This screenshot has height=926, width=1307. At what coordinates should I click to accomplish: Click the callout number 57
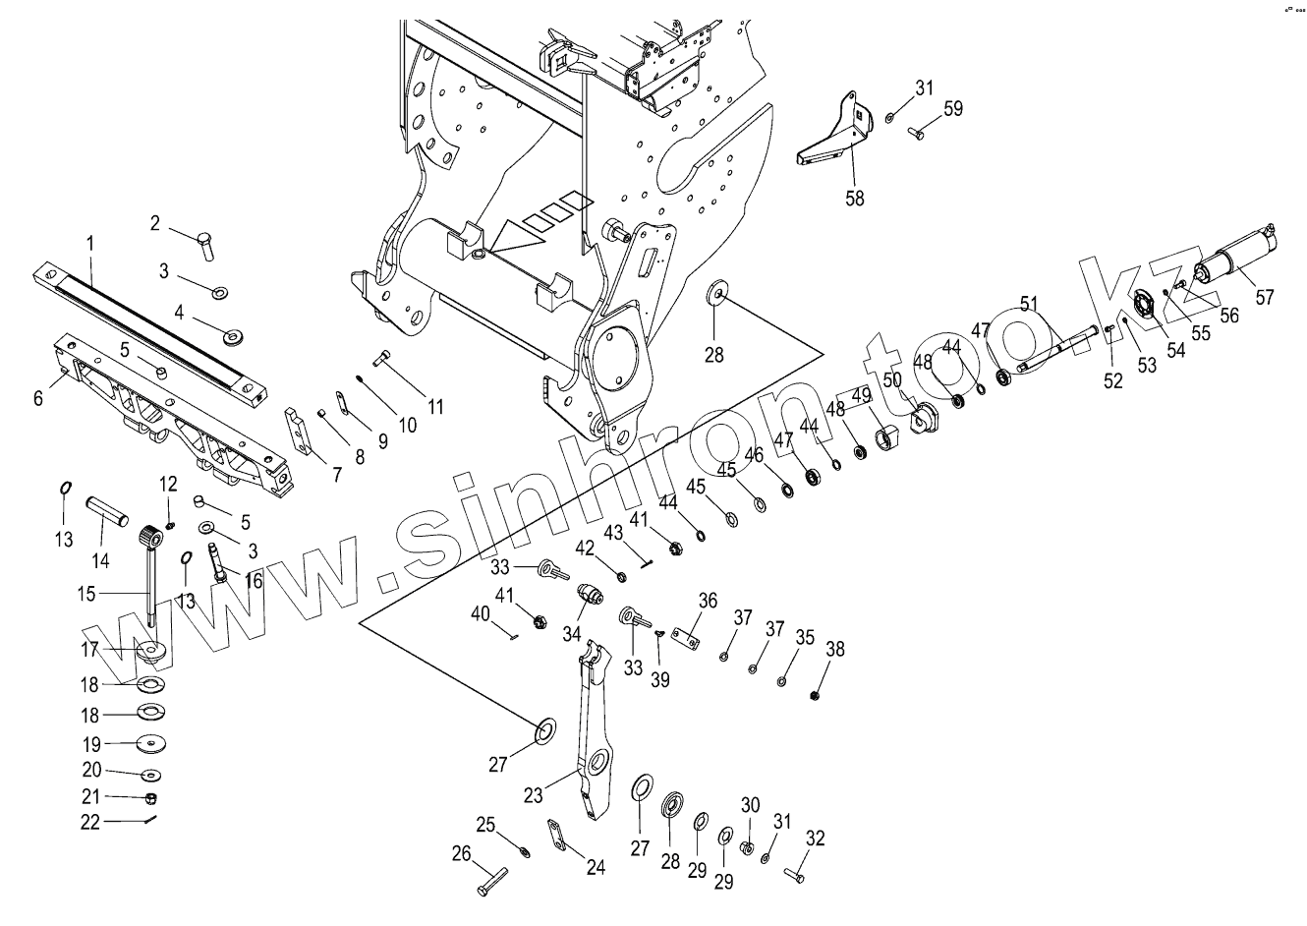tap(1264, 295)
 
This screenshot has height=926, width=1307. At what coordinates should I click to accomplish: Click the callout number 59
tap(952, 109)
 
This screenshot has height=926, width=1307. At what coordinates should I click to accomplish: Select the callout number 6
tap(38, 398)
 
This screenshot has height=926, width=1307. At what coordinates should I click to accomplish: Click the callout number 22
tap(90, 822)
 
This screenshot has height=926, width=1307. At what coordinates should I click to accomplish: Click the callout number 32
tap(815, 839)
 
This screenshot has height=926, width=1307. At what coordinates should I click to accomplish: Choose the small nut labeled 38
tap(817, 695)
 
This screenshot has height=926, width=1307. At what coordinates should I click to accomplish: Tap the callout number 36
tap(708, 601)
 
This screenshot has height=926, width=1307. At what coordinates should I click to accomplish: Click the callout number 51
tap(1029, 303)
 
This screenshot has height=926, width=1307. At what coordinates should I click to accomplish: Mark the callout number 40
tap(480, 613)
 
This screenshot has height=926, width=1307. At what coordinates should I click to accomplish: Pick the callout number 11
tap(433, 406)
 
